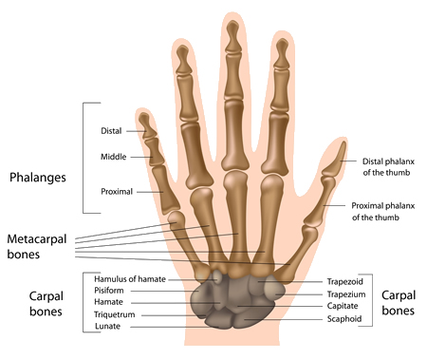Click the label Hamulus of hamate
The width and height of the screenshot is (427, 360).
point(123,277)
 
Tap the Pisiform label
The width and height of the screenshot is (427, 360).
point(109,290)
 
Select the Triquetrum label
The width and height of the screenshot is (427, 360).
point(113,313)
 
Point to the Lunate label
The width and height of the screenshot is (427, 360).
point(107,326)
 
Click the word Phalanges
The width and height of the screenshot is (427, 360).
point(37,178)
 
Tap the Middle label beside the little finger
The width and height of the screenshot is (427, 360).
point(115,156)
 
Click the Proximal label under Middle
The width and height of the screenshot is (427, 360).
point(117,191)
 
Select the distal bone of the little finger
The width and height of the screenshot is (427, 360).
point(145,124)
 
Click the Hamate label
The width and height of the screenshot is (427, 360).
point(107,301)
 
